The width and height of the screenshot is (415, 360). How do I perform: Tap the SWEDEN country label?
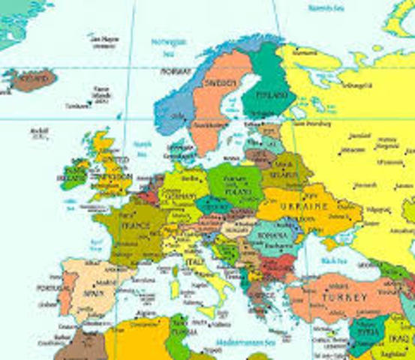click(222, 82)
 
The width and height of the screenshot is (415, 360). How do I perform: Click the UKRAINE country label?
click(303, 206)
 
